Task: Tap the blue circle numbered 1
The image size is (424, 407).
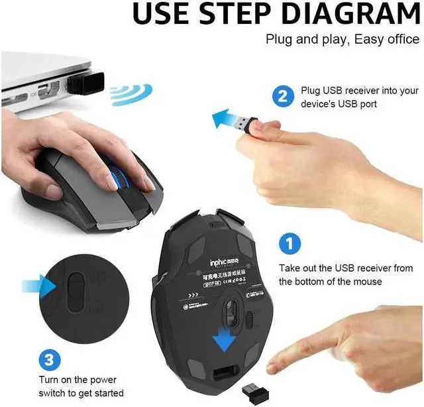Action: (287, 243)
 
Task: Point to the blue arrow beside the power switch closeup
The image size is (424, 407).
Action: (38, 286)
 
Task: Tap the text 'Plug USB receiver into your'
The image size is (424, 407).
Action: (360, 90)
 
